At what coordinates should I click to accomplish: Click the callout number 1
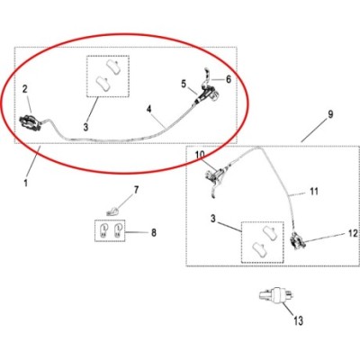tap(26, 183)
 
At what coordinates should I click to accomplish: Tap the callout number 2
tap(24, 89)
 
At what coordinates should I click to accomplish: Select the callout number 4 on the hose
tap(149, 110)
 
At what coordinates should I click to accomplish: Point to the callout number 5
tap(184, 85)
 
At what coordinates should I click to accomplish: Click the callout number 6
tap(229, 79)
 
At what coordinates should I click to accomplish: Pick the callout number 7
tap(136, 190)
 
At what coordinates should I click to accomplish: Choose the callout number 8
tap(154, 232)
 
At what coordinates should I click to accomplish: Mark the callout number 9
tap(330, 114)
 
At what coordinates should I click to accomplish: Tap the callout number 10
tap(200, 155)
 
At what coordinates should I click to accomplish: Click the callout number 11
tap(314, 191)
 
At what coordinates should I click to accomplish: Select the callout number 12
tap(353, 233)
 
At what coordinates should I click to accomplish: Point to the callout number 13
tap(298, 321)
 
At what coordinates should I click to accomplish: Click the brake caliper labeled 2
tap(31, 121)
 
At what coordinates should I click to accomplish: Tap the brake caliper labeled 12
tap(297, 240)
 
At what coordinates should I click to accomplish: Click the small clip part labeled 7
tap(112, 211)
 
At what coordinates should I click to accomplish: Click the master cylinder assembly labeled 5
tap(207, 95)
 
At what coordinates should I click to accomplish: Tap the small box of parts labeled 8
tap(110, 231)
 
